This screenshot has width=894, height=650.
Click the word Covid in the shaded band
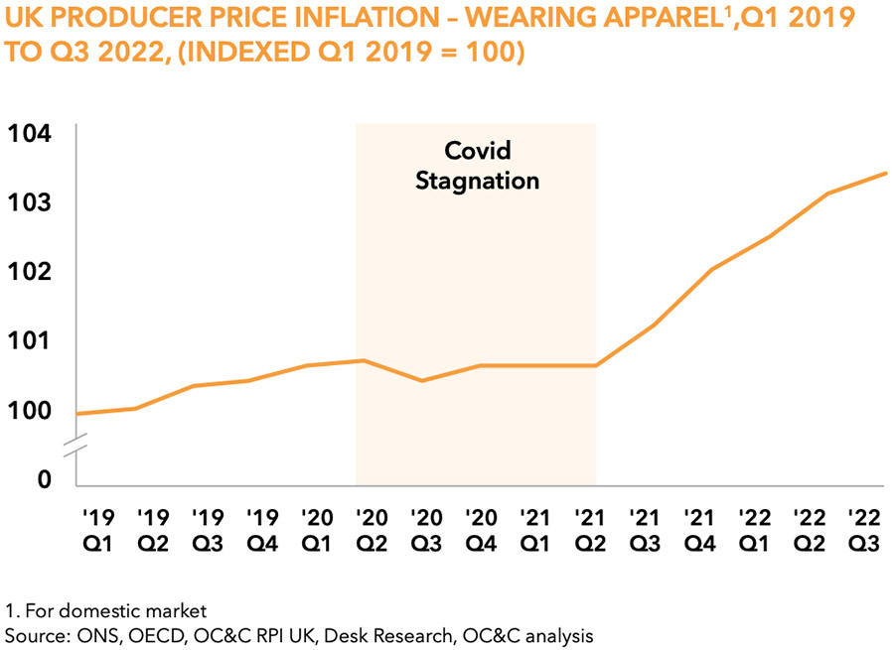477,151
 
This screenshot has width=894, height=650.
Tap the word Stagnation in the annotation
477,181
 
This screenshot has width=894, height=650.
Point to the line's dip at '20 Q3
423,380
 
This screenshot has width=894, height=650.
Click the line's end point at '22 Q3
885,174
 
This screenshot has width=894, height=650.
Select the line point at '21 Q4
711,269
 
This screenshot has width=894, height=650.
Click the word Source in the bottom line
31,633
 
